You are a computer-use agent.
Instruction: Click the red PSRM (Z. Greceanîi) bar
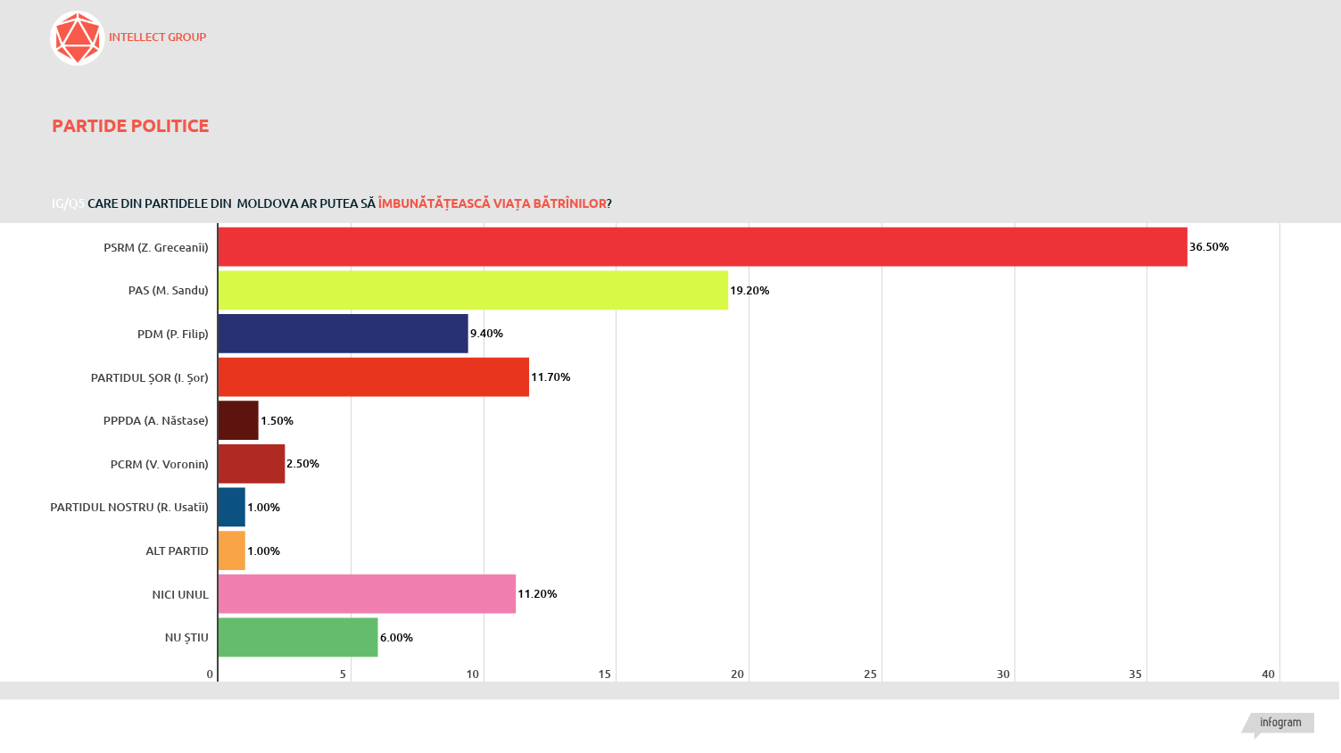702,247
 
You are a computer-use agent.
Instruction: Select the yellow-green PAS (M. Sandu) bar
473,291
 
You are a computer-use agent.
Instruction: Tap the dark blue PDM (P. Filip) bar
343,334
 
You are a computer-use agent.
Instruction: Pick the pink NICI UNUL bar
367,594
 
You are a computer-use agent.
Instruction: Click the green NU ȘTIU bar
298,638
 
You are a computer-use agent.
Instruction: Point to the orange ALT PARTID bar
232,550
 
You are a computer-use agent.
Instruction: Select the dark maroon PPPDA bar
238,420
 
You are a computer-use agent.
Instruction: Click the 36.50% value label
1209,247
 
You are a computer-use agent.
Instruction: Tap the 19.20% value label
749,291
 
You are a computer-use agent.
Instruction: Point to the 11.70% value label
550,377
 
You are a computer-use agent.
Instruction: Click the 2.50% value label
302,464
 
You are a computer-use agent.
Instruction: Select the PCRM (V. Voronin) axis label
160,464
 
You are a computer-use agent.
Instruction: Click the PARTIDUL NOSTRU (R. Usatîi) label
129,508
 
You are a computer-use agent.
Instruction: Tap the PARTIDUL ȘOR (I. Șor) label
150,377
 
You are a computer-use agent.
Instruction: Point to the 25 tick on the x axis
870,674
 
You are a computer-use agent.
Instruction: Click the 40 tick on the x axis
1268,674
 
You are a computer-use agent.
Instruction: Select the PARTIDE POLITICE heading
130,126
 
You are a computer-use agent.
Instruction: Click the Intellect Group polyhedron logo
78,38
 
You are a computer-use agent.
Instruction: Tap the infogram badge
1280,723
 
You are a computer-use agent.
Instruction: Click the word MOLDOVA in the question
268,203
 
